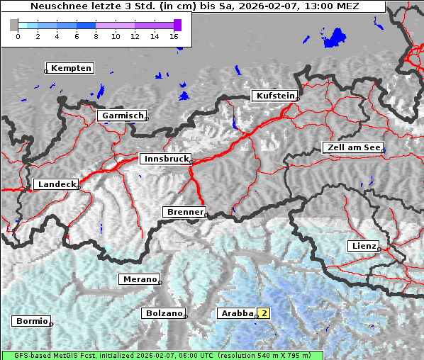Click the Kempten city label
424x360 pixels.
tap(70, 68)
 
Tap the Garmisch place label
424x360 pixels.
tap(123, 116)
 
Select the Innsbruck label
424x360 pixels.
tap(165, 159)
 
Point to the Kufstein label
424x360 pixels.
tap(274, 96)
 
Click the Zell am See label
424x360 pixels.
tap(353, 147)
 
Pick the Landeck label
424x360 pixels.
tap(56, 184)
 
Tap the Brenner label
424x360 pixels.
tap(184, 212)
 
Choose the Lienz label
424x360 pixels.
tap(364, 246)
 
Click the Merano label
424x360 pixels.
tap(139, 279)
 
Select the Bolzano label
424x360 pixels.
tap(163, 313)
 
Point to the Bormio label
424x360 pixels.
tap(31, 321)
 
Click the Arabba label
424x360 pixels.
tap(237, 313)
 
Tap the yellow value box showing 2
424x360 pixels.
tap(264, 313)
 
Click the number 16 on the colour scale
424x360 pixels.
tap(174, 36)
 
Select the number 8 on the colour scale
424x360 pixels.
tap(96, 36)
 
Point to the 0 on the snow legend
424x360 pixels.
tap(18, 36)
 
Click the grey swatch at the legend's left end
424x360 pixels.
tap(13, 25)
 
